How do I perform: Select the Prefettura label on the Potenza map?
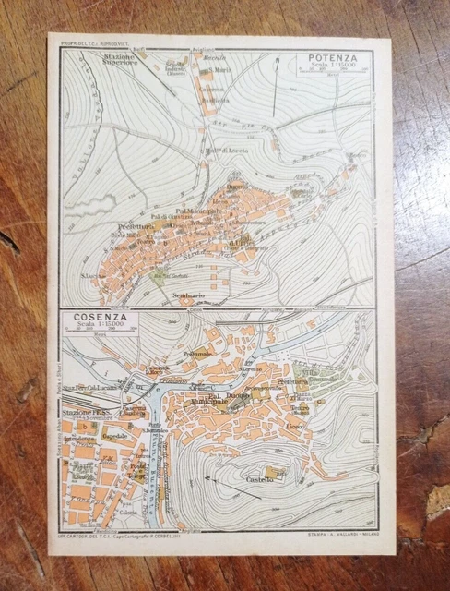point(135,224)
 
